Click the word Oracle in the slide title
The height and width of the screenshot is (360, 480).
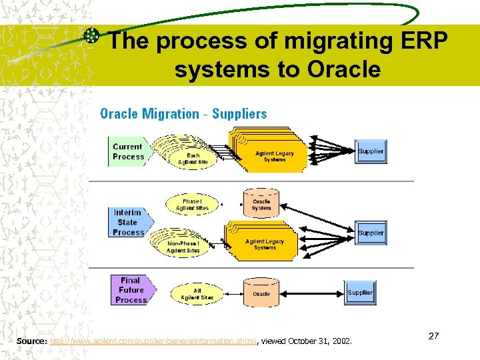click(344, 69)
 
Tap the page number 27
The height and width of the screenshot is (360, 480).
click(433, 336)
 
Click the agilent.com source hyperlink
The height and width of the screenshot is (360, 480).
click(153, 341)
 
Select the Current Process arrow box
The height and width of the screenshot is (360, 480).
click(129, 151)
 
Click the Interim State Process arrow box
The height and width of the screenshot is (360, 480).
click(128, 222)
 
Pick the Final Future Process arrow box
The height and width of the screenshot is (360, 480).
click(131, 290)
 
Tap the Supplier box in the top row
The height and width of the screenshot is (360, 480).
click(371, 151)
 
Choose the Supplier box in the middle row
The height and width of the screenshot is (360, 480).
click(371, 233)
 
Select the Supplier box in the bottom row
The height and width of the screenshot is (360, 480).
click(360, 293)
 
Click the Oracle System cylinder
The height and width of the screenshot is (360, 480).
click(261, 204)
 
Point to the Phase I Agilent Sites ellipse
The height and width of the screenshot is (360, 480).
click(192, 204)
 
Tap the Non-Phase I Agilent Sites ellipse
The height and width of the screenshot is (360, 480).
click(184, 247)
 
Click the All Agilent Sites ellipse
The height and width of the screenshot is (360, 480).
click(197, 293)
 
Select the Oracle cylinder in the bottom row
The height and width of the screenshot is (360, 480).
click(261, 293)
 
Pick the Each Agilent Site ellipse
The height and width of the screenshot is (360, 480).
click(193, 158)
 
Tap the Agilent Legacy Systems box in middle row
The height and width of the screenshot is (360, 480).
click(265, 244)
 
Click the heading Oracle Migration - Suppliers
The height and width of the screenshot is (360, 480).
click(183, 114)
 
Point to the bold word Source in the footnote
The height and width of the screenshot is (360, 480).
click(31, 341)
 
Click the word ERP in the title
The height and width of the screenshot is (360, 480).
click(421, 41)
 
